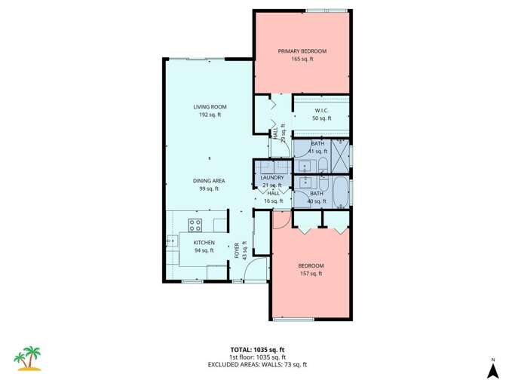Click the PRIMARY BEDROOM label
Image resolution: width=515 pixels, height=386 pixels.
point(302,51)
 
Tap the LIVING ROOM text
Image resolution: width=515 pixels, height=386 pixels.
point(209,107)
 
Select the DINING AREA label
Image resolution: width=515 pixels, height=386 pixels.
point(209,181)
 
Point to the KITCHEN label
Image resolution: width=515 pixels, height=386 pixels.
point(204,242)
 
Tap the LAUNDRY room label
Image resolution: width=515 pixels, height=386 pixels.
point(271,177)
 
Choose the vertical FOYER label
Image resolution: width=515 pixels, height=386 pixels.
point(236,251)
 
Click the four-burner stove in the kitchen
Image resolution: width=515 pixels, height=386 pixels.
point(195,223)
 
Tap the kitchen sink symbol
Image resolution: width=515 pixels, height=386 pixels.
point(170,242)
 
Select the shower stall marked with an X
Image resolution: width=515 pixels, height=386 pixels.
point(340,157)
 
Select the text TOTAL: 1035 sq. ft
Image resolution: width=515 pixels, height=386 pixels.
point(257,349)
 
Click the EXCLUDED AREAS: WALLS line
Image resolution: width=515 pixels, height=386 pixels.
point(257,364)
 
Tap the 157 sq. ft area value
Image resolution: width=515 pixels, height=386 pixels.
point(310,274)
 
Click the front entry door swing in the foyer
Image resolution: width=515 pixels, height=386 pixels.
point(259,268)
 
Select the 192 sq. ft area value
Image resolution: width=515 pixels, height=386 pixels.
point(209,115)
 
